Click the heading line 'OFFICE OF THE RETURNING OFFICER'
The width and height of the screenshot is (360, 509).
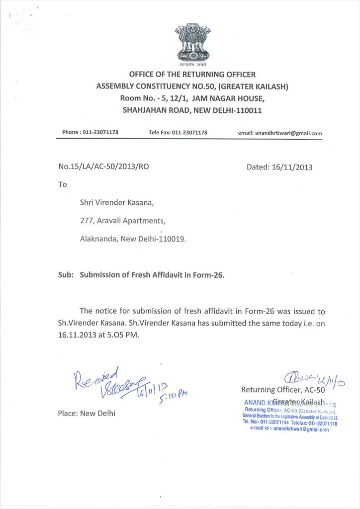point(192,75)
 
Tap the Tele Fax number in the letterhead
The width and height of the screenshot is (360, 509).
point(189,133)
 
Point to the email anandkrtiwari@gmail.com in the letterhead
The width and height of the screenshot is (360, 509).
point(288,133)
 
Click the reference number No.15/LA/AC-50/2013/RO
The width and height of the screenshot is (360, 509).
point(103,167)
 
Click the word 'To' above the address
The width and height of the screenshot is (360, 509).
point(63,184)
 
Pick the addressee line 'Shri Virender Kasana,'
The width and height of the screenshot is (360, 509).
point(117,202)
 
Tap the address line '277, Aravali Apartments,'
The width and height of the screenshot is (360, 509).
point(123,221)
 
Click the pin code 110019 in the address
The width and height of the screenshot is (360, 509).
point(173,239)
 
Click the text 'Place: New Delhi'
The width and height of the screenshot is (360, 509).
point(87,413)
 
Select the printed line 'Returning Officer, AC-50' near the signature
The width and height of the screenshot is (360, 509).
point(283,390)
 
